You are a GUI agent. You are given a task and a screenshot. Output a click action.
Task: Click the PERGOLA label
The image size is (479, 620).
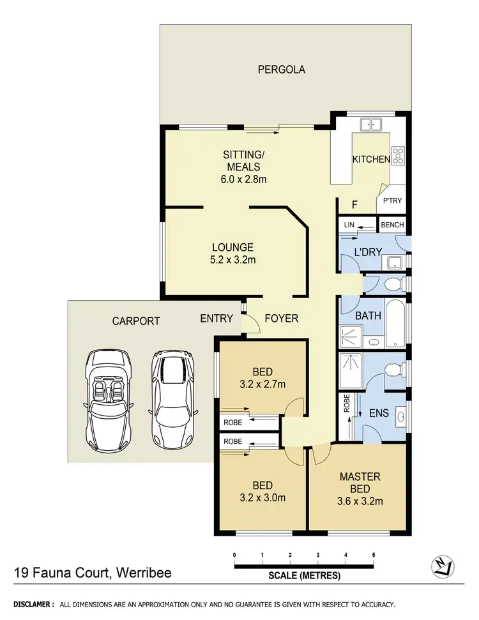[281, 70]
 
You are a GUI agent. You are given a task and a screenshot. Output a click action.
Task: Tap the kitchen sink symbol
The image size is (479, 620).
[370, 125]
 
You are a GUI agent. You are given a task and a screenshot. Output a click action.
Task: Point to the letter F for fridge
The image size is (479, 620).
[354, 205]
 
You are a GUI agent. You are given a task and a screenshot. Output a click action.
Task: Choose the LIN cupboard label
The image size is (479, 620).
[349, 225]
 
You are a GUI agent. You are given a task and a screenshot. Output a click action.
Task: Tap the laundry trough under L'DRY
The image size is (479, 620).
[393, 261]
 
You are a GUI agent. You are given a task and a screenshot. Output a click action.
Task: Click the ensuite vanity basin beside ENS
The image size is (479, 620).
[400, 417]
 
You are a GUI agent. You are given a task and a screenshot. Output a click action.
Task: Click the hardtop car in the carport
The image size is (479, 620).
[171, 399]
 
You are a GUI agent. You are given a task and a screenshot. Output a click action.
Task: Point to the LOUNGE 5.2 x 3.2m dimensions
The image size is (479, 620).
[232, 260]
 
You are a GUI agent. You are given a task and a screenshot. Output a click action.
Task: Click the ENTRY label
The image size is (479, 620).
[216, 319]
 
